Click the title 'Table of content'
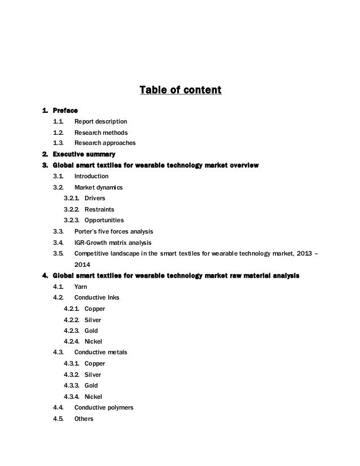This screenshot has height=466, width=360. [x=180, y=90]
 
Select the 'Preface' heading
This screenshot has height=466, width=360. [x=65, y=110]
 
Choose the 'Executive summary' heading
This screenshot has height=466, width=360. [x=84, y=154]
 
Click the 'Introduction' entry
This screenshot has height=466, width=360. [x=92, y=176]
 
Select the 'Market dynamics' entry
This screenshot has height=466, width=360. [x=99, y=187]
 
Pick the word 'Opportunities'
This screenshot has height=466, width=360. [x=104, y=220]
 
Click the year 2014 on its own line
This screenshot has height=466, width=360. [x=82, y=264]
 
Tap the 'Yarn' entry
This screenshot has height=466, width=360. [x=81, y=287]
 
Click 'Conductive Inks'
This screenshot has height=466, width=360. [x=97, y=297]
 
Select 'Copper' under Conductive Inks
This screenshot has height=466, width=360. [x=95, y=309]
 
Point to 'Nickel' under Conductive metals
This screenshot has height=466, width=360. [x=94, y=397]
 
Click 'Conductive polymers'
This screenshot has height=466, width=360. [x=104, y=407]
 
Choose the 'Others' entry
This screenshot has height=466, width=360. [x=84, y=419]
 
